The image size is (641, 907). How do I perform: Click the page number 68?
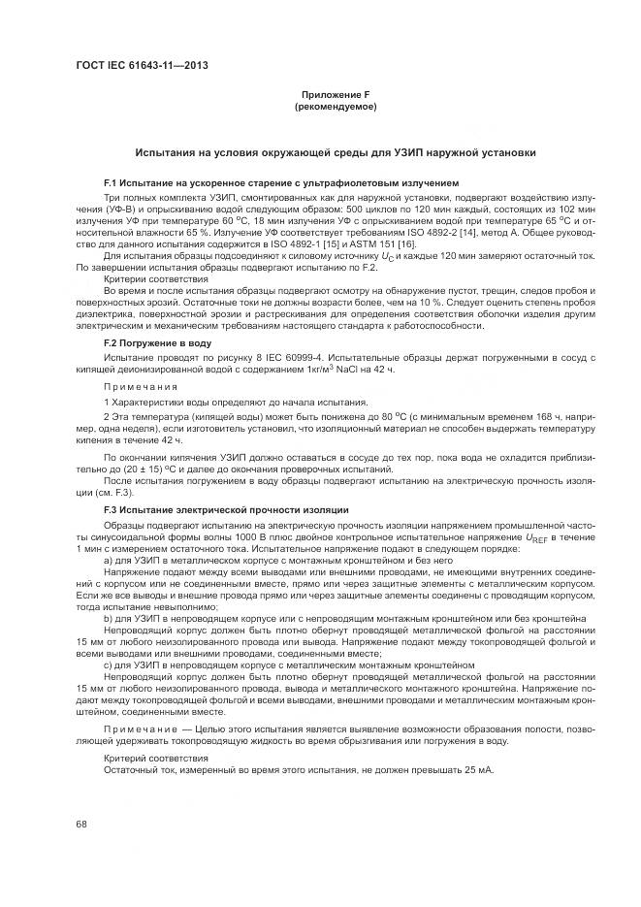80,824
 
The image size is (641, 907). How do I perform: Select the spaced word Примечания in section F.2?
136,385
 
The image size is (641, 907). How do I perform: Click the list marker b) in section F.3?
109,617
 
